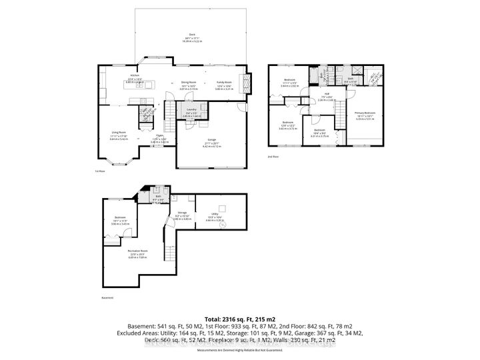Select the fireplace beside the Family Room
(x=249, y=83)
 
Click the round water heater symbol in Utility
(x=222, y=225)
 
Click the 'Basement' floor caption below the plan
(x=107, y=297)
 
